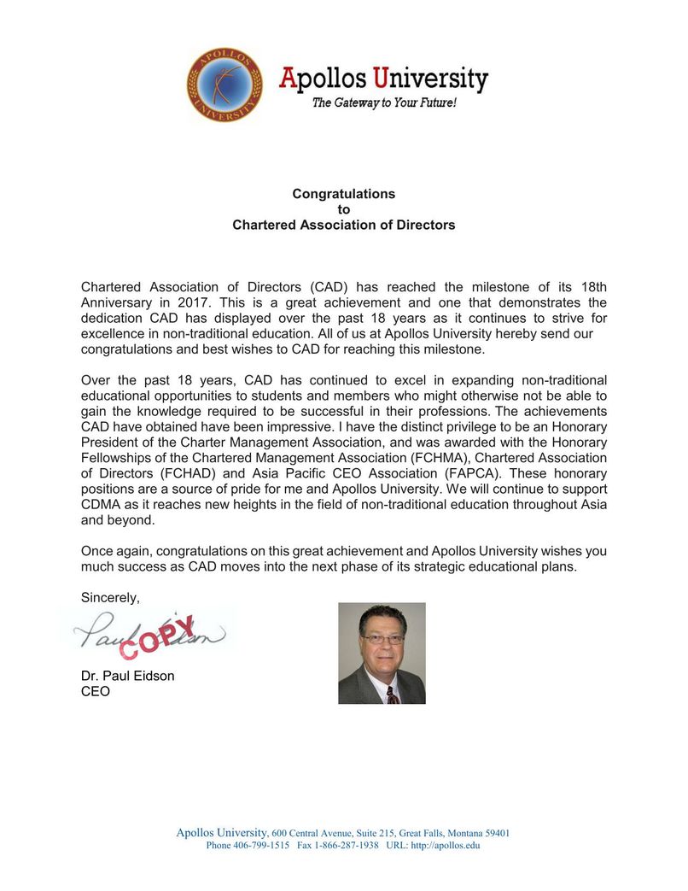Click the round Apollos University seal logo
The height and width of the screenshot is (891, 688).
(x=224, y=85)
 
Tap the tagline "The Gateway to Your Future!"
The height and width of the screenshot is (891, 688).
(x=383, y=103)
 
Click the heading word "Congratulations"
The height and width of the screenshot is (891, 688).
(x=344, y=194)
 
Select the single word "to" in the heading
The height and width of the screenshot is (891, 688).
(x=344, y=209)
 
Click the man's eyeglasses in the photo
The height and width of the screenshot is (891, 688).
(x=382, y=639)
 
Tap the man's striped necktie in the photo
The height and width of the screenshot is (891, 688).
(x=392, y=692)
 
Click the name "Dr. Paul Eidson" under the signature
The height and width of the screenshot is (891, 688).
(x=127, y=677)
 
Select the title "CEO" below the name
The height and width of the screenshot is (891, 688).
(x=95, y=692)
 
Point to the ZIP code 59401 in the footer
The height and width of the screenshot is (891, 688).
(x=494, y=833)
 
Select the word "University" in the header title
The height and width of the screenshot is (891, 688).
(x=434, y=80)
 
